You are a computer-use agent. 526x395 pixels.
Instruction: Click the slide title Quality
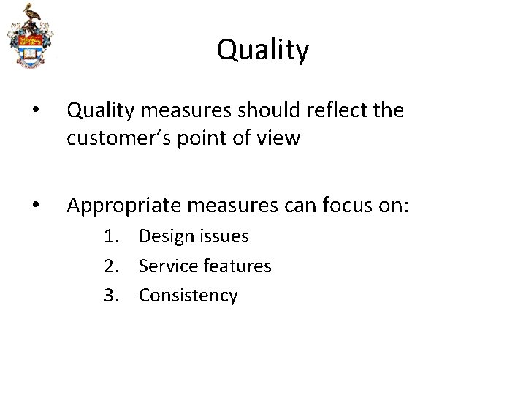click(x=263, y=50)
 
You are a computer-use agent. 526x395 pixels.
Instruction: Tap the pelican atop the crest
click(x=29, y=13)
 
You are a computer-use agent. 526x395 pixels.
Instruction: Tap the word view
click(x=275, y=138)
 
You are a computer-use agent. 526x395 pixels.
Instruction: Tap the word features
click(x=235, y=266)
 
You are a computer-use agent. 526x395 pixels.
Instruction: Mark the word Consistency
click(x=188, y=296)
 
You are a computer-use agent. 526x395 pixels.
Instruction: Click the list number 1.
click(x=110, y=237)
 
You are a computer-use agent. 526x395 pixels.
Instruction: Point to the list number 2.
click(x=110, y=266)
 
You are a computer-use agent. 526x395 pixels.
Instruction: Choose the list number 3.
click(x=110, y=296)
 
